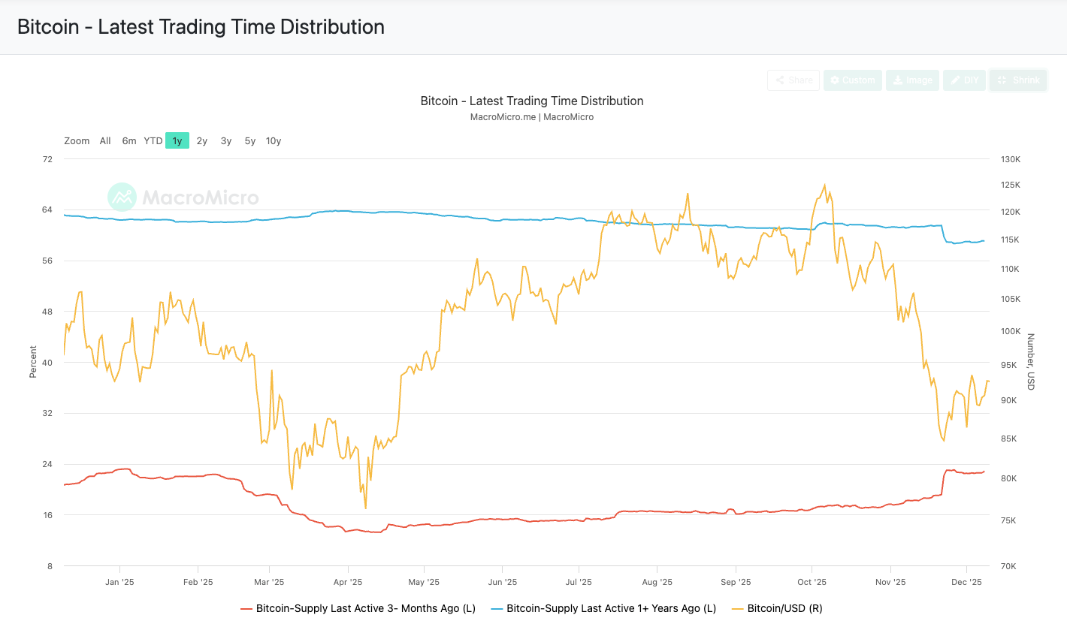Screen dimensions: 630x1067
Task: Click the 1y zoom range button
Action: (177, 141)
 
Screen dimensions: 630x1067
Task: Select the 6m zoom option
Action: (129, 141)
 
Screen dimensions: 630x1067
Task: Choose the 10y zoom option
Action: (274, 141)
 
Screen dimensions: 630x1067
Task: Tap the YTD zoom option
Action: (153, 141)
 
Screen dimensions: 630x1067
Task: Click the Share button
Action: (793, 80)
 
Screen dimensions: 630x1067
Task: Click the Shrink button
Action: (1018, 80)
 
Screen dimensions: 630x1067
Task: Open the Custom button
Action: (852, 80)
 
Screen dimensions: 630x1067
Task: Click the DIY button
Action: (964, 80)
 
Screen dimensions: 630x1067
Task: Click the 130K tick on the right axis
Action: (1010, 159)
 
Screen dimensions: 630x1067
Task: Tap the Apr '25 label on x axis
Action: (347, 582)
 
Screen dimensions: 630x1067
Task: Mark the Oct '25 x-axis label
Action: (812, 582)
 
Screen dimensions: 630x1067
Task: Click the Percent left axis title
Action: (33, 361)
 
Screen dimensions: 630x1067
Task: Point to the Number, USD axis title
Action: (1030, 361)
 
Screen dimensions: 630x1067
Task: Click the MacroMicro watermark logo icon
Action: (122, 197)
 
